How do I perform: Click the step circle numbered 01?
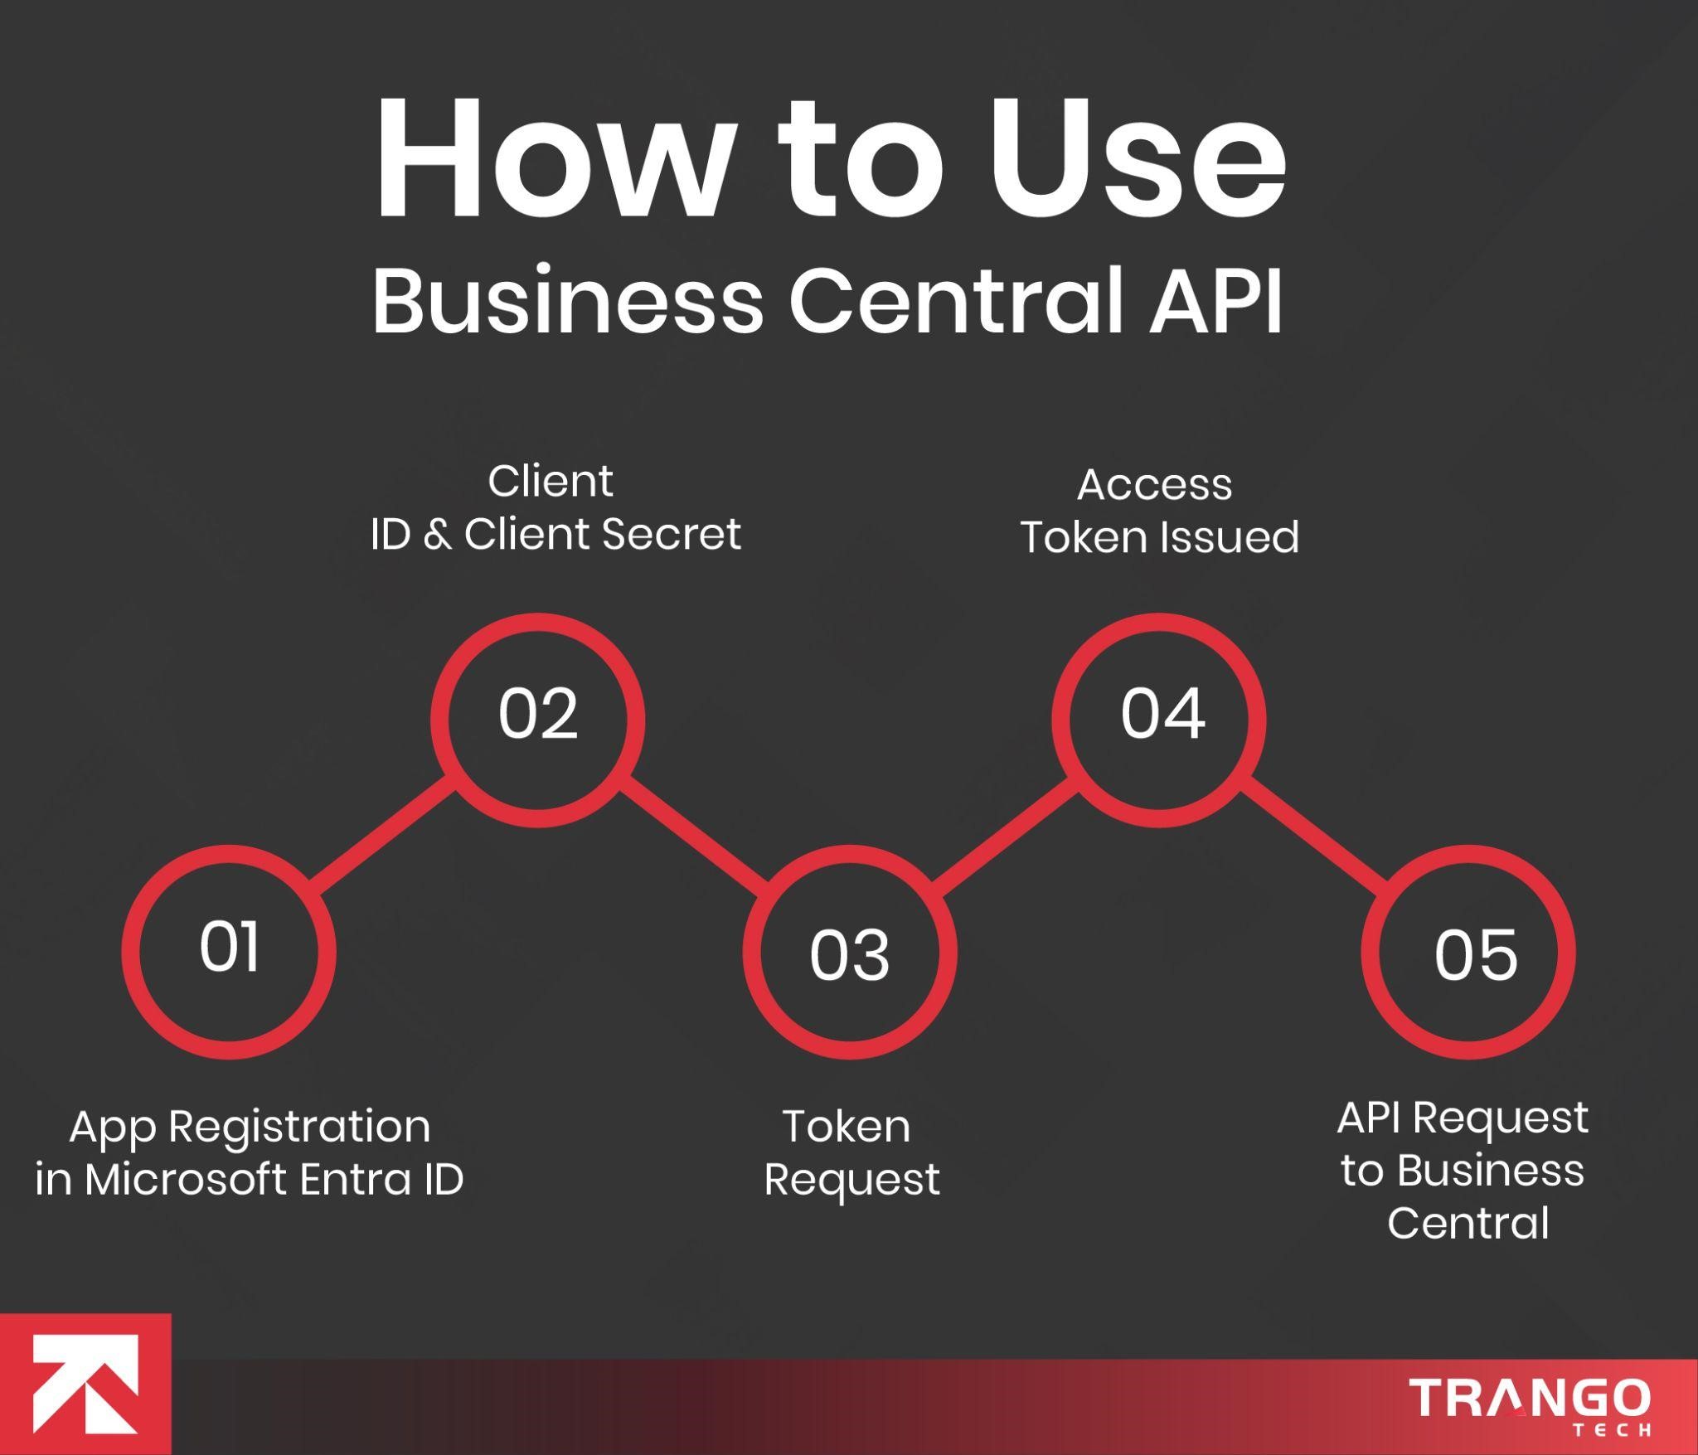click(229, 952)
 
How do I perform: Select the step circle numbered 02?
click(538, 720)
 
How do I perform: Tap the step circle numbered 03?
click(849, 952)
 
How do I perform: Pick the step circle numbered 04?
click(1159, 720)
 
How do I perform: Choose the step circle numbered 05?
click(1468, 952)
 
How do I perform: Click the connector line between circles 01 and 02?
click(384, 835)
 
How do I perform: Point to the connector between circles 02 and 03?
click(695, 835)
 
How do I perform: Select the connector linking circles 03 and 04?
click(1005, 835)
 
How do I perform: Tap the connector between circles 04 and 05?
click(1315, 835)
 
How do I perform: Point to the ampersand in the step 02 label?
click(437, 534)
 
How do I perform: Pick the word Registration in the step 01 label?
click(299, 1128)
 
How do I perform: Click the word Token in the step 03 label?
click(847, 1127)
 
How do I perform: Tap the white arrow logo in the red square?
click(85, 1384)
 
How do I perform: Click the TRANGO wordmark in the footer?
click(1530, 1399)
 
